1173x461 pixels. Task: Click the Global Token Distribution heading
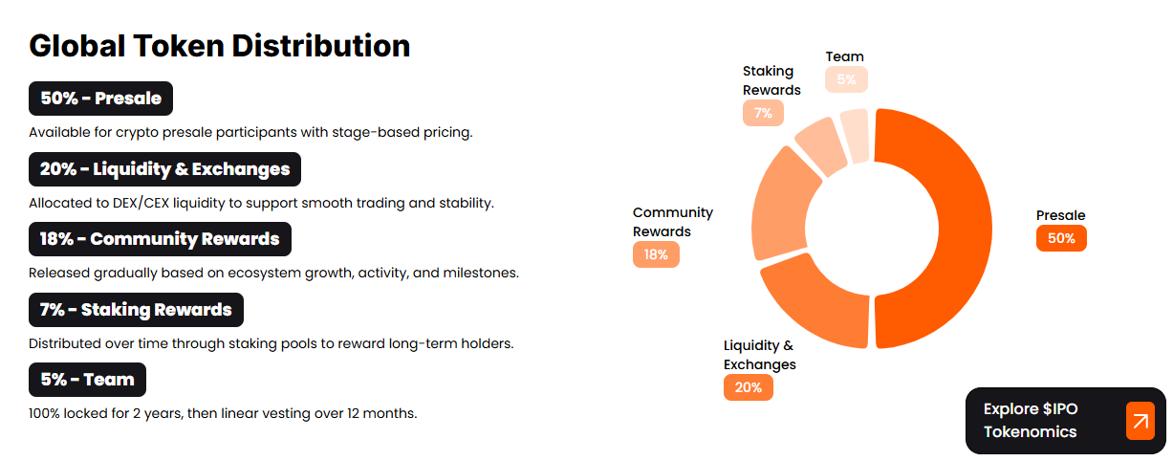[220, 46]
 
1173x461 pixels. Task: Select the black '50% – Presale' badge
[100, 99]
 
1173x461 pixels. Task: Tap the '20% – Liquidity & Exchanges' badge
[165, 169]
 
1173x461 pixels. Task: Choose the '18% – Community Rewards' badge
[160, 239]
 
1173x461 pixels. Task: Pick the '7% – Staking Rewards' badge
[136, 310]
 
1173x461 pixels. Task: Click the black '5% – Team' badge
[87, 380]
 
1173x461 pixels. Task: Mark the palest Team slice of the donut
[856, 136]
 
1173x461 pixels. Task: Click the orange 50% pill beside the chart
[1061, 238]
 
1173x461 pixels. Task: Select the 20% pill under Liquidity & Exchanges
[749, 387]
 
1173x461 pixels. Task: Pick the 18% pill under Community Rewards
[656, 254]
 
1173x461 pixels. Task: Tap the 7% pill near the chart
[763, 113]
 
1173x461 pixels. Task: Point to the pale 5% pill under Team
[846, 79]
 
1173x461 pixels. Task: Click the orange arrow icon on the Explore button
[1140, 421]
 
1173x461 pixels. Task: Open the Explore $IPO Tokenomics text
[1031, 420]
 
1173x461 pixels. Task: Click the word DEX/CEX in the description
[141, 204]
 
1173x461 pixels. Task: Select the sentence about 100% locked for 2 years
[223, 413]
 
